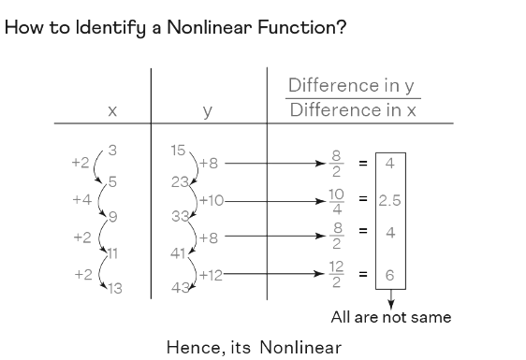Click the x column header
[x=111, y=111]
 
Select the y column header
[x=207, y=111]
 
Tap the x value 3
[x=112, y=150]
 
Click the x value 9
[x=113, y=218]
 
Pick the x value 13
[x=114, y=287]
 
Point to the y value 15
[x=178, y=150]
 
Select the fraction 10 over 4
[x=338, y=200]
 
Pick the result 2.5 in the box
[x=390, y=200]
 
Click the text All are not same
[x=390, y=317]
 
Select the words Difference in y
[x=351, y=85]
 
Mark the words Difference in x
[x=351, y=109]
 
